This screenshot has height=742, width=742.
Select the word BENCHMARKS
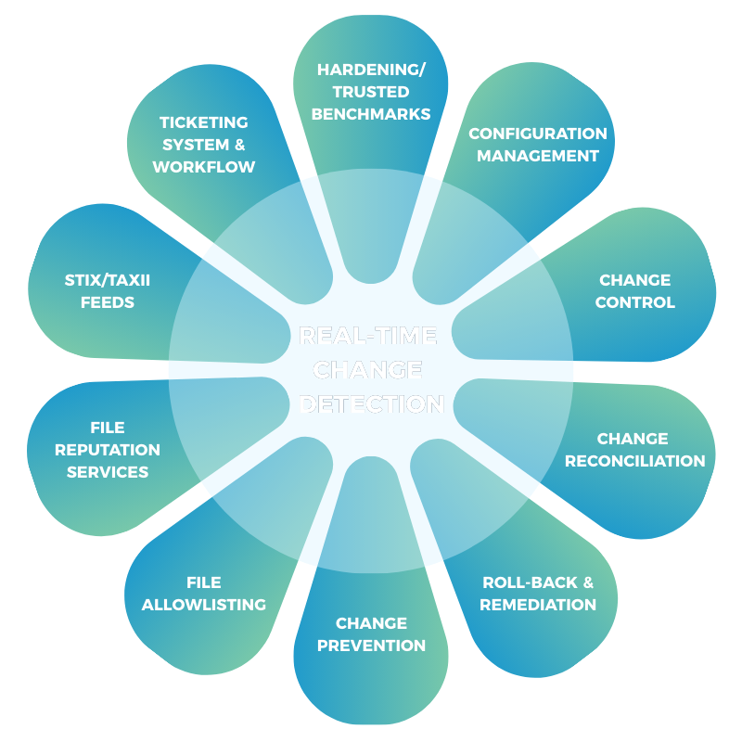tap(371, 114)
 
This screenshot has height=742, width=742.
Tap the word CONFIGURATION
tap(538, 134)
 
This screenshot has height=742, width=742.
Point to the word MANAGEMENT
tap(538, 156)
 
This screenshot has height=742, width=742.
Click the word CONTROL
tap(635, 302)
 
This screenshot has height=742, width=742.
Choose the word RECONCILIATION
tap(635, 461)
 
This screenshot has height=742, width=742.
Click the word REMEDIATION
tap(539, 605)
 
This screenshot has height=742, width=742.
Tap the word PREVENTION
tap(371, 646)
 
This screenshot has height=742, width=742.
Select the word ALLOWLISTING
tap(204, 605)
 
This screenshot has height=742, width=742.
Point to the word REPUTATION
tap(108, 450)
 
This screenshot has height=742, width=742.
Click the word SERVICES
tap(108, 472)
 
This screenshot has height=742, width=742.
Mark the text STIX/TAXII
tap(108, 279)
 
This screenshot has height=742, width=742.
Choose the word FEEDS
tap(108, 302)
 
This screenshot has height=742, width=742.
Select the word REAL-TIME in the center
tap(368, 335)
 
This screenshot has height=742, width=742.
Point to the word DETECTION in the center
tap(371, 404)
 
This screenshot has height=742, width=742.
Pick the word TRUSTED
tap(371, 92)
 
